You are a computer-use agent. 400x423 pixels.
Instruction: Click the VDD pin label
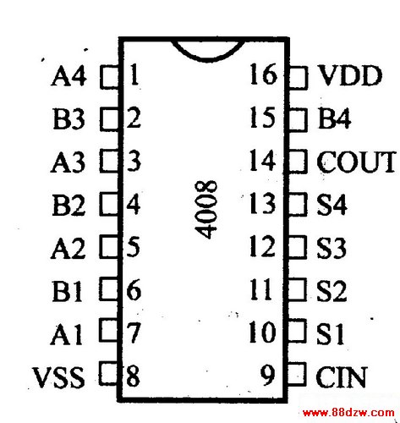[x=349, y=75]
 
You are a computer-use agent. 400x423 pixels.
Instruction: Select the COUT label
[x=356, y=162]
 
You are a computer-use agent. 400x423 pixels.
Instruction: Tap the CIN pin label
[x=342, y=376]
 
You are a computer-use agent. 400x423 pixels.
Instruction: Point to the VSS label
[x=58, y=376]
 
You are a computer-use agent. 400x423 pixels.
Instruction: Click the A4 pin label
[x=68, y=75]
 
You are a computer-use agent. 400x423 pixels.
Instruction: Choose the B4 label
[x=334, y=118]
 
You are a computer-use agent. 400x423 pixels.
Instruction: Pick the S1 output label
[x=331, y=333]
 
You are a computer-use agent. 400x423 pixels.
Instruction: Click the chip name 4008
[x=206, y=210]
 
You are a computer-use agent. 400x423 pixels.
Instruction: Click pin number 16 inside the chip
[x=263, y=74]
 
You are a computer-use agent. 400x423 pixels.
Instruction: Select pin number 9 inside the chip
[x=267, y=375]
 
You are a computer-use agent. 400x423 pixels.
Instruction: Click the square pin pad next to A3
[x=109, y=161]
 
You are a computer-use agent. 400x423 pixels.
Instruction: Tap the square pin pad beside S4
[x=298, y=204]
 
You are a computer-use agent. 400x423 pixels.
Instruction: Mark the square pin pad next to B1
[x=109, y=289]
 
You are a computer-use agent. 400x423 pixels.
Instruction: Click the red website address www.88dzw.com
[x=348, y=413]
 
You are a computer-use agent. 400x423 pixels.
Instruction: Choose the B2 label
[x=68, y=205]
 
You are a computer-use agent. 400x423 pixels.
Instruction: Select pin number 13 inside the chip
[x=262, y=203]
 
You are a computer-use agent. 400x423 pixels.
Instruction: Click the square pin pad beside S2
[x=298, y=289]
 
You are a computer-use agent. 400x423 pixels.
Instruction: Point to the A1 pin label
[x=67, y=334]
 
